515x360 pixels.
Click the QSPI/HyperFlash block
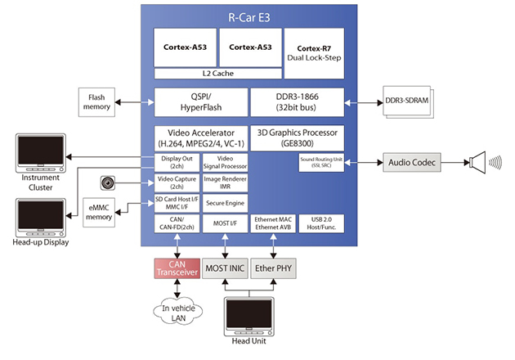pyautogui.click(x=199, y=102)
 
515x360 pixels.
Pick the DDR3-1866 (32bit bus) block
pyautogui.click(x=297, y=102)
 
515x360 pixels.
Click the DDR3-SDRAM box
pyautogui.click(x=412, y=101)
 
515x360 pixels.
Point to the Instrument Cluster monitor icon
pyautogui.click(x=39, y=150)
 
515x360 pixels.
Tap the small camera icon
pyautogui.click(x=107, y=182)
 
